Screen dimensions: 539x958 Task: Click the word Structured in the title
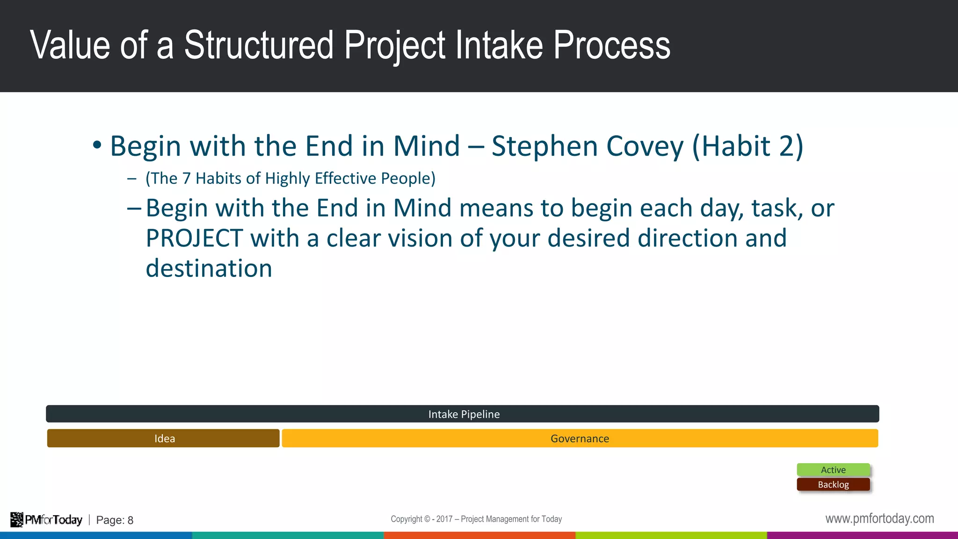[258, 45]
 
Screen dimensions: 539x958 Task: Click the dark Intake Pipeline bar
[462, 414]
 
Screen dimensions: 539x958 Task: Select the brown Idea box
[163, 438]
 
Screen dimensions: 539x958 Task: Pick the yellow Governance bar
[580, 438]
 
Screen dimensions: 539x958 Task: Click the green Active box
[833, 470]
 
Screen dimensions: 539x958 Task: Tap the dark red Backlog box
[833, 485]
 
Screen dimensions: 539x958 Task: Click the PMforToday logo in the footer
[46, 520]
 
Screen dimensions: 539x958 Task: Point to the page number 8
[131, 520]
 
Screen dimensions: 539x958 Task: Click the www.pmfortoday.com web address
[879, 518]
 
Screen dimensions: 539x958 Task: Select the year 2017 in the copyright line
[444, 519]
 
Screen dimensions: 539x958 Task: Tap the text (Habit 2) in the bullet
[748, 146]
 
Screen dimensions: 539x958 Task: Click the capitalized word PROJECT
[194, 238]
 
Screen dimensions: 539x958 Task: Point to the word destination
[209, 269]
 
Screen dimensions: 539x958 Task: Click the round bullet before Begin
[97, 145]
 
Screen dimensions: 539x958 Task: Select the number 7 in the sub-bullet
[186, 178]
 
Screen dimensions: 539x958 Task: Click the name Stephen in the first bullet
[544, 146]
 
